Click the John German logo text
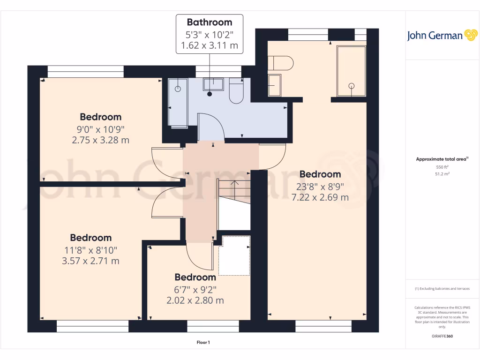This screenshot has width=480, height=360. point(435,36)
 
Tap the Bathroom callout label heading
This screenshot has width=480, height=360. point(210,22)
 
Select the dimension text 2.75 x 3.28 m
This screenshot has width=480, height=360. point(100,140)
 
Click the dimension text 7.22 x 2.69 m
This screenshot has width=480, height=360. point(320,197)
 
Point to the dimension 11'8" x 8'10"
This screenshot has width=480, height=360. point(90,250)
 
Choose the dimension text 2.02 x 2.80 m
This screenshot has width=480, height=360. point(195,300)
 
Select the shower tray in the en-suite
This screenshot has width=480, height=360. point(351,71)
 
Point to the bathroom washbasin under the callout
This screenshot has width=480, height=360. point(213,84)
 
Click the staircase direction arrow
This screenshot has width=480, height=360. point(235,183)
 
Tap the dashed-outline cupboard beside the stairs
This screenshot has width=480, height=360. point(234,255)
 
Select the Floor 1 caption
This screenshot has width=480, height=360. point(203,343)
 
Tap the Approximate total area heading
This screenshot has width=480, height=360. point(441,159)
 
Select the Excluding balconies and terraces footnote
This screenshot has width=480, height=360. point(442,289)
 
